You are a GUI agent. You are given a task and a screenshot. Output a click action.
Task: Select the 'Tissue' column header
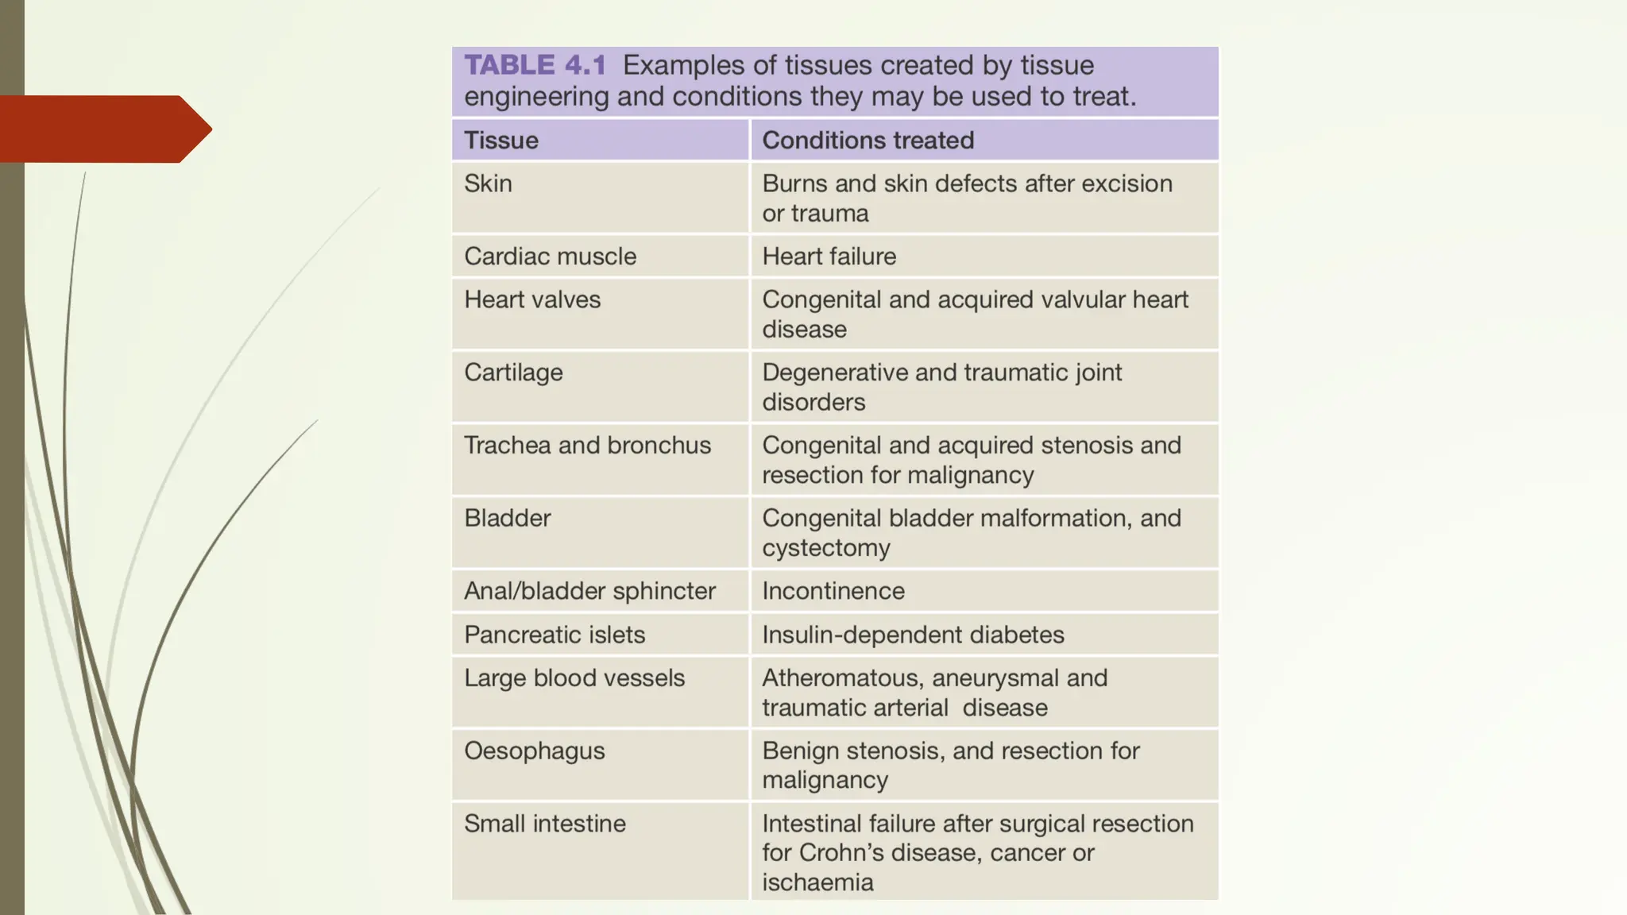coord(501,141)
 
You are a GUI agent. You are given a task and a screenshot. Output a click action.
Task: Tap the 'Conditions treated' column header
coord(868,141)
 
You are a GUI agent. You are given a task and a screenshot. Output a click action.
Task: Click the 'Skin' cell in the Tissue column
coord(488,183)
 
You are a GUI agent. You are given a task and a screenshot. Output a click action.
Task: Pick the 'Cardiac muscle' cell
coord(550,257)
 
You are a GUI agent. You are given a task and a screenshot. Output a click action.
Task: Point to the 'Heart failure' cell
coord(829,257)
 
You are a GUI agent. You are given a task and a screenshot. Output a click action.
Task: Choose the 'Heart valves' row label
coord(532,299)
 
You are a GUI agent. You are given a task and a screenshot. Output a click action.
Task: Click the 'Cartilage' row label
coord(513,373)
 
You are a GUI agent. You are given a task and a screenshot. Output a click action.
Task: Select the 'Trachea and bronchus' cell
coord(587,446)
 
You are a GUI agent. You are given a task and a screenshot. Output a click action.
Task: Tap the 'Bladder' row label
coord(507,519)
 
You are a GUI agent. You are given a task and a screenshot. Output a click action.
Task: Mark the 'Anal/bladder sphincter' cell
coord(589,591)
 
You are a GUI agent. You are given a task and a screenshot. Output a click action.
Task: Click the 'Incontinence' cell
coord(833,591)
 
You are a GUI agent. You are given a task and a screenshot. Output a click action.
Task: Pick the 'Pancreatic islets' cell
coord(555,635)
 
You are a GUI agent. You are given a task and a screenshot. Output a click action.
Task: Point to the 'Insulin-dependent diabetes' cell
coord(913,635)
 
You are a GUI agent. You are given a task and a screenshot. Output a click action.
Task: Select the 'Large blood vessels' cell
coord(574,678)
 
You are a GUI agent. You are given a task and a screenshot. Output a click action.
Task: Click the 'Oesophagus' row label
coord(534,751)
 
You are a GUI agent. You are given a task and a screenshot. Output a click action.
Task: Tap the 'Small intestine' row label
coord(544,824)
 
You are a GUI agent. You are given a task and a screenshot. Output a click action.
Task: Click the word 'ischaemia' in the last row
coord(817,882)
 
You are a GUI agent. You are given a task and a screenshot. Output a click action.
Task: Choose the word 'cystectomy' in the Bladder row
coord(826,548)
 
